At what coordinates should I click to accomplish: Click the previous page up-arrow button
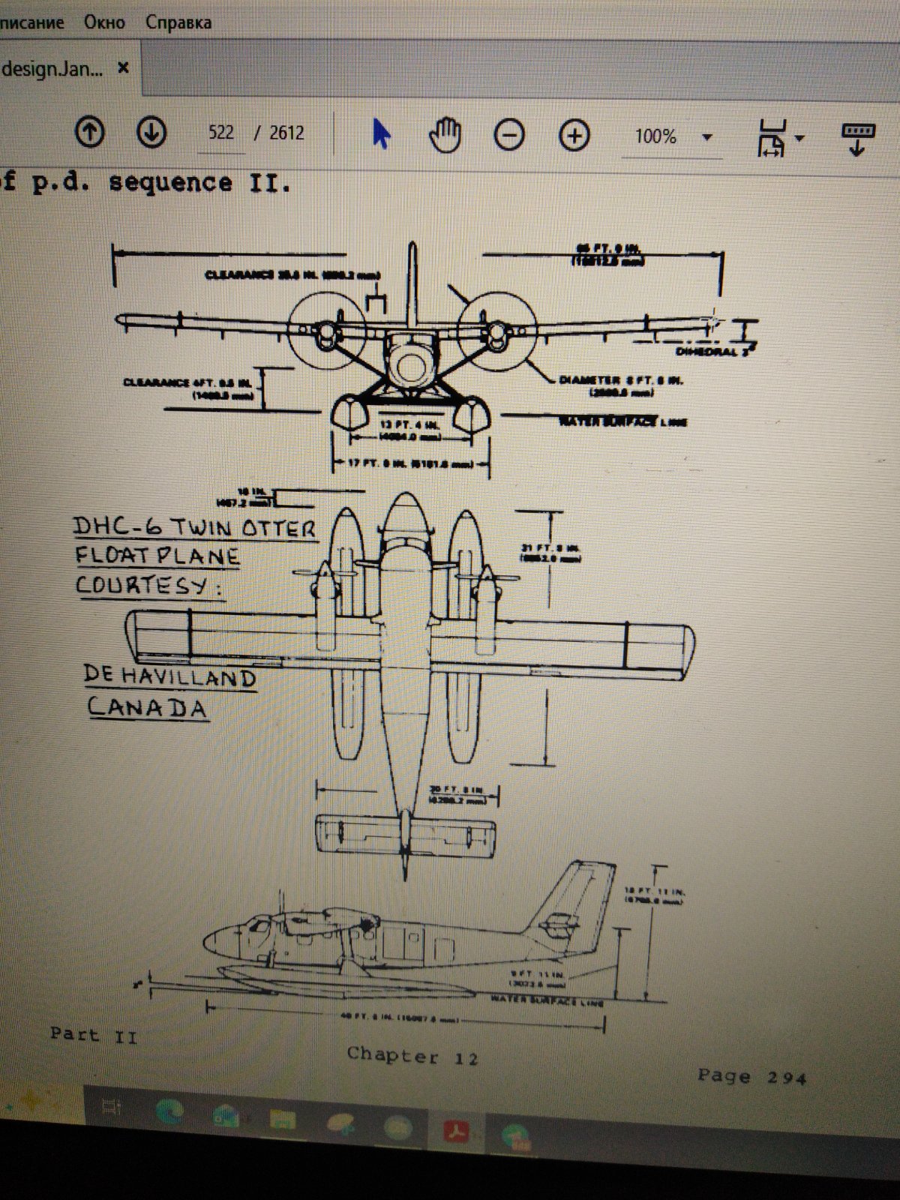click(90, 133)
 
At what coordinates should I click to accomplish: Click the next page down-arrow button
click(151, 133)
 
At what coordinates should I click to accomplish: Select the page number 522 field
click(221, 133)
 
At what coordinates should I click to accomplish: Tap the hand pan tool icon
click(445, 136)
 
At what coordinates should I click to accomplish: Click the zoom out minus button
click(509, 136)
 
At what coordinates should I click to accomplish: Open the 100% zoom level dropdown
click(706, 137)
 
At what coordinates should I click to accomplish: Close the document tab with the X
click(124, 68)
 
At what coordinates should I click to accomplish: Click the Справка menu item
click(178, 22)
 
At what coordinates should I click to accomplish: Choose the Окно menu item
click(104, 22)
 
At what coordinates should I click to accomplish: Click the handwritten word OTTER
click(277, 528)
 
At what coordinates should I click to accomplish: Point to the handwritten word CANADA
click(147, 707)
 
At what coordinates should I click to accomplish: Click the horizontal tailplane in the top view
click(405, 834)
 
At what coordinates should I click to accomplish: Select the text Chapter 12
click(412, 1056)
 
